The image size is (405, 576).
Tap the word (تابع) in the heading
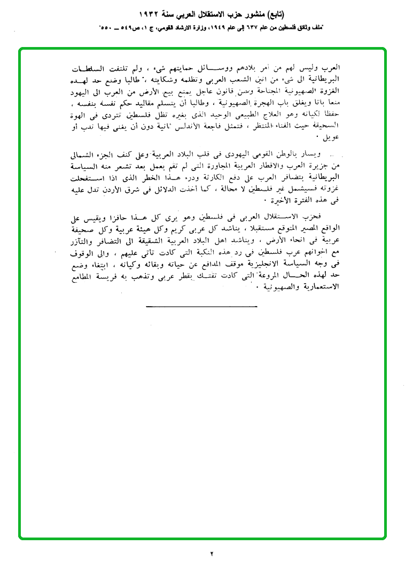272,13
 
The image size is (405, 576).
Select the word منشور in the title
247,13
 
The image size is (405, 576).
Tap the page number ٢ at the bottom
211,553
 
